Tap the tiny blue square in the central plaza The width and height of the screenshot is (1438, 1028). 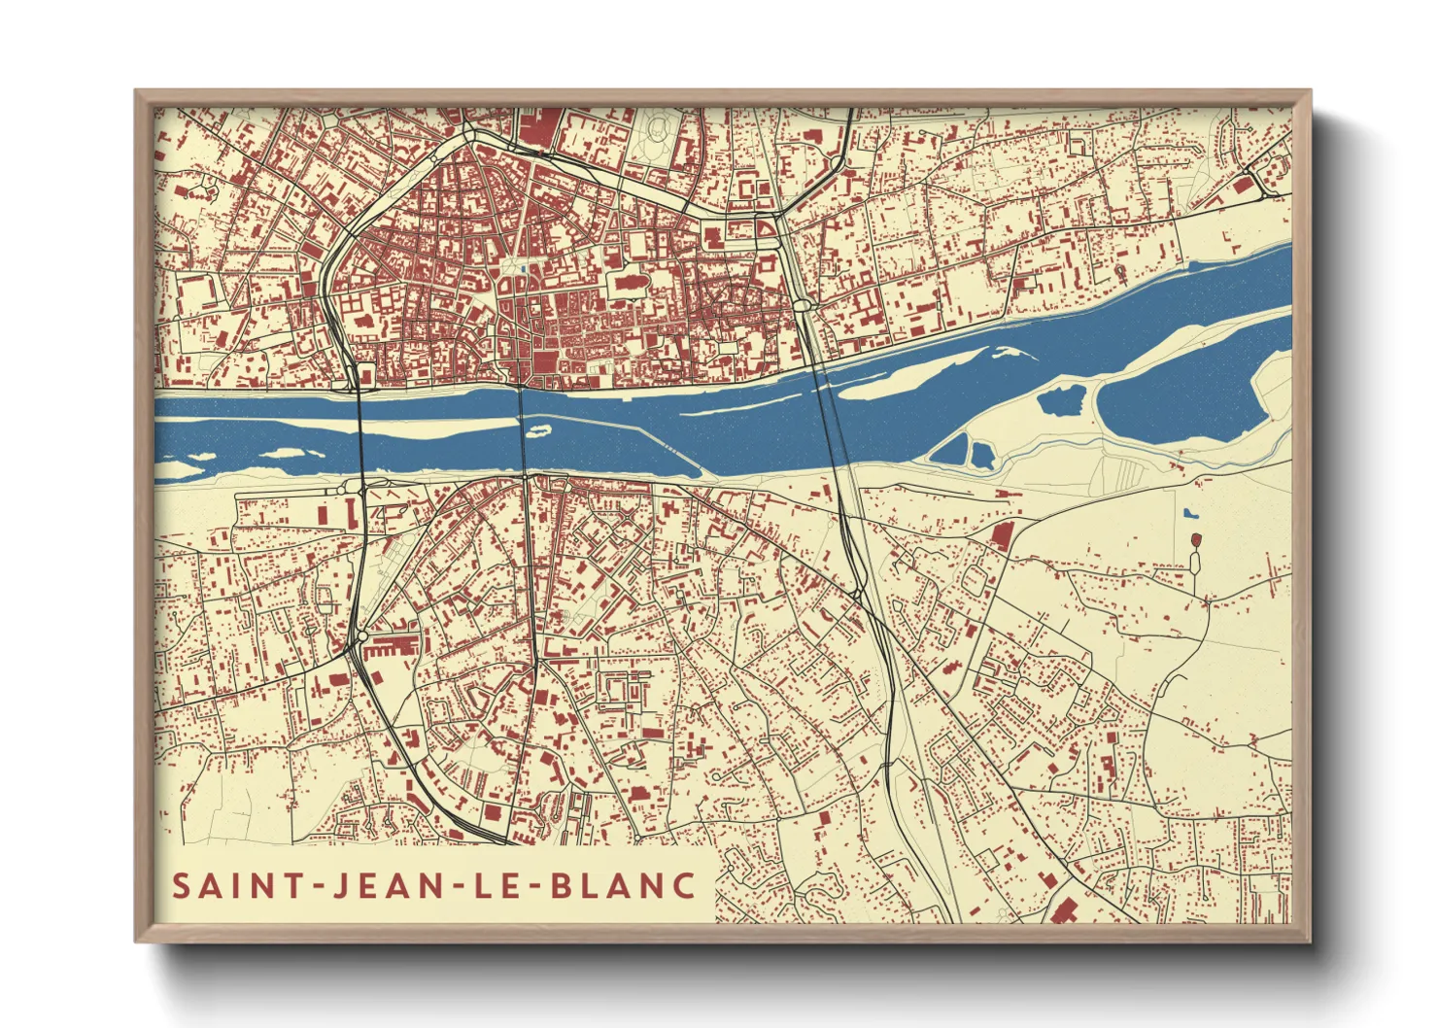click(x=524, y=270)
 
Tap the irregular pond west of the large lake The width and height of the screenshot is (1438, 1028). click(x=1062, y=399)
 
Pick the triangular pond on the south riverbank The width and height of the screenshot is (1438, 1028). click(x=952, y=450)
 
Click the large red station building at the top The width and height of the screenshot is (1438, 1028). click(x=540, y=128)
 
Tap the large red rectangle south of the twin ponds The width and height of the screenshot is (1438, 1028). click(x=1001, y=536)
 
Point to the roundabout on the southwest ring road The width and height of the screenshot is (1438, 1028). click(x=362, y=636)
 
